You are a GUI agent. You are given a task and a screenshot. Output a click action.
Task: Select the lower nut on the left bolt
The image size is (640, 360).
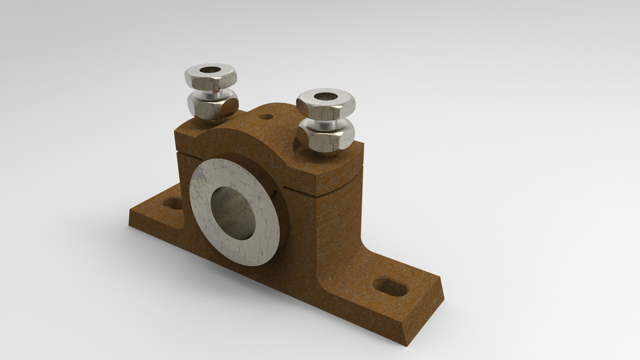(212, 107)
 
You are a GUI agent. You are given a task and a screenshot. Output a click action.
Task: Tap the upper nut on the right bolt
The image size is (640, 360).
(327, 105)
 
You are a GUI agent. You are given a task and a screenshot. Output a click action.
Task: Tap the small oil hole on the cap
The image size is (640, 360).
(267, 117)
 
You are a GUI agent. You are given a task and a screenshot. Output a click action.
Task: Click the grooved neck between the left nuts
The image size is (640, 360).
(212, 92)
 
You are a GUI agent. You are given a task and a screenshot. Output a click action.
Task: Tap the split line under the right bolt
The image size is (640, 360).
(333, 190)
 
